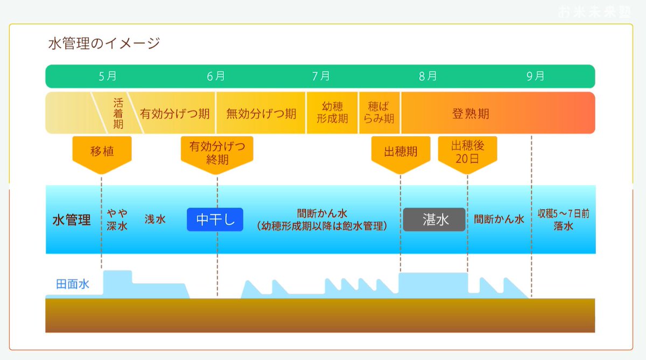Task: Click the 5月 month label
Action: click(x=108, y=76)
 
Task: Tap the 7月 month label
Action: click(x=321, y=76)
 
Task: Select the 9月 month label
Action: click(x=535, y=76)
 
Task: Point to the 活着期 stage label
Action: click(x=118, y=113)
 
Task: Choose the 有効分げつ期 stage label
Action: click(x=175, y=114)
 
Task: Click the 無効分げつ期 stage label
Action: click(x=261, y=114)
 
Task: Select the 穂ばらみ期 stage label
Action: click(x=380, y=113)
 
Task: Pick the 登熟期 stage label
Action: click(x=471, y=114)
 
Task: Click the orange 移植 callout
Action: click(x=102, y=152)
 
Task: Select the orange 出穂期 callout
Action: click(x=401, y=152)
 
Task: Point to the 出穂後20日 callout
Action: click(x=467, y=152)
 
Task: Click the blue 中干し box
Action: click(x=215, y=220)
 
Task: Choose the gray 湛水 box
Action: click(x=434, y=220)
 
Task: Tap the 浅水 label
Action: click(x=155, y=220)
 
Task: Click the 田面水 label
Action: click(x=73, y=284)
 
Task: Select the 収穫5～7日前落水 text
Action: click(x=563, y=220)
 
